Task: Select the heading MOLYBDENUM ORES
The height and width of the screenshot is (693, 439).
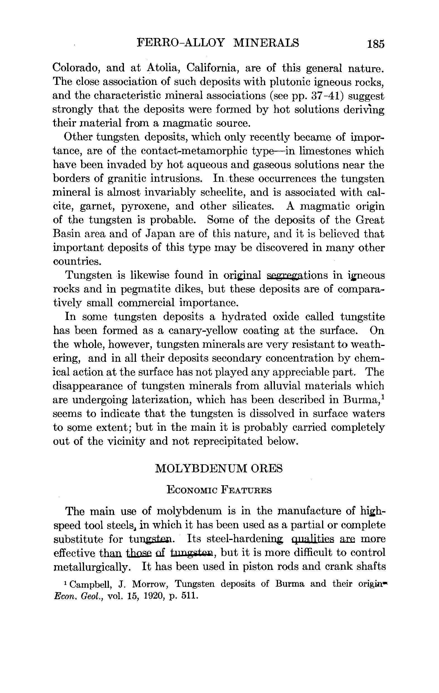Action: (x=219, y=469)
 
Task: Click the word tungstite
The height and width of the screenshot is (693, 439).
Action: (x=363, y=317)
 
